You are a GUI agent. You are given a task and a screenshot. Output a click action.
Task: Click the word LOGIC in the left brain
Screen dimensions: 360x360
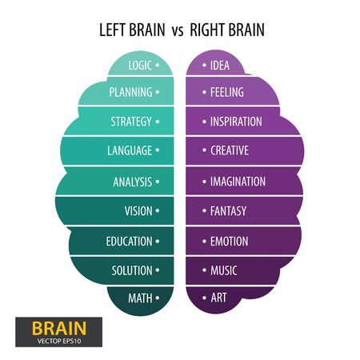(x=140, y=66)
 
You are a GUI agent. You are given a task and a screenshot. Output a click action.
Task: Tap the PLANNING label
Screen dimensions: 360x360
(x=130, y=92)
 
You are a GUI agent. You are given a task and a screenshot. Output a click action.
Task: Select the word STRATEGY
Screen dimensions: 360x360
(x=131, y=122)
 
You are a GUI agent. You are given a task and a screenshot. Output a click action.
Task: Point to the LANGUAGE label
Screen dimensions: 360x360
(x=130, y=150)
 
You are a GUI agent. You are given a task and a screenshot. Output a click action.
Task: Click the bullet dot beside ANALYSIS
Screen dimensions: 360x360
(x=158, y=182)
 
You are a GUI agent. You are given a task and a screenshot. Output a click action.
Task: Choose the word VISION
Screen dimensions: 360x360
(x=138, y=211)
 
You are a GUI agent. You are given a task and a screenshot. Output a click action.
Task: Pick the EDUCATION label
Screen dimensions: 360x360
(x=130, y=242)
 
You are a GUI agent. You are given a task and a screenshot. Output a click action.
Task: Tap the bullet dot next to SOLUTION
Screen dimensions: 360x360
(x=158, y=270)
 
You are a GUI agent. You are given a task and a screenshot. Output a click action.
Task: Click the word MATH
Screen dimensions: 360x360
(x=140, y=298)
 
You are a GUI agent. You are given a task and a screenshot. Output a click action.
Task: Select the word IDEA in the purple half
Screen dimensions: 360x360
(x=220, y=66)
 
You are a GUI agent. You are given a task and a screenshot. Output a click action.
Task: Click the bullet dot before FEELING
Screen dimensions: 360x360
(x=204, y=92)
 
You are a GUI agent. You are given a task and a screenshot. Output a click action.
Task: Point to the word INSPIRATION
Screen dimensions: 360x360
(x=236, y=122)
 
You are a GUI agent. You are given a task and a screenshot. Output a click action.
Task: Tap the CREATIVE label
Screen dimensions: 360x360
(x=230, y=150)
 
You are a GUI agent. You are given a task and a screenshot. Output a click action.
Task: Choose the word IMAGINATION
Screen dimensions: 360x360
(x=238, y=182)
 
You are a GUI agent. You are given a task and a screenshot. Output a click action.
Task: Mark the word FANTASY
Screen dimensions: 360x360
(x=229, y=211)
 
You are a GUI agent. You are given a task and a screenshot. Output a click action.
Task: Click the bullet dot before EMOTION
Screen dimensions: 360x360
(x=204, y=242)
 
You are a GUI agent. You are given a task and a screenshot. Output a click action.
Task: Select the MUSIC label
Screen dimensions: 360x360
(x=224, y=270)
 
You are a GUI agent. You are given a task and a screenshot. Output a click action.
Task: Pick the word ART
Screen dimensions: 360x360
(x=218, y=298)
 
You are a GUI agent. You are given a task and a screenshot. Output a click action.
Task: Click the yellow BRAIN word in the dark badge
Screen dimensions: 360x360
(x=59, y=328)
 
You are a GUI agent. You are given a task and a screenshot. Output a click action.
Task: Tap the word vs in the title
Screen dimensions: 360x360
(x=178, y=31)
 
